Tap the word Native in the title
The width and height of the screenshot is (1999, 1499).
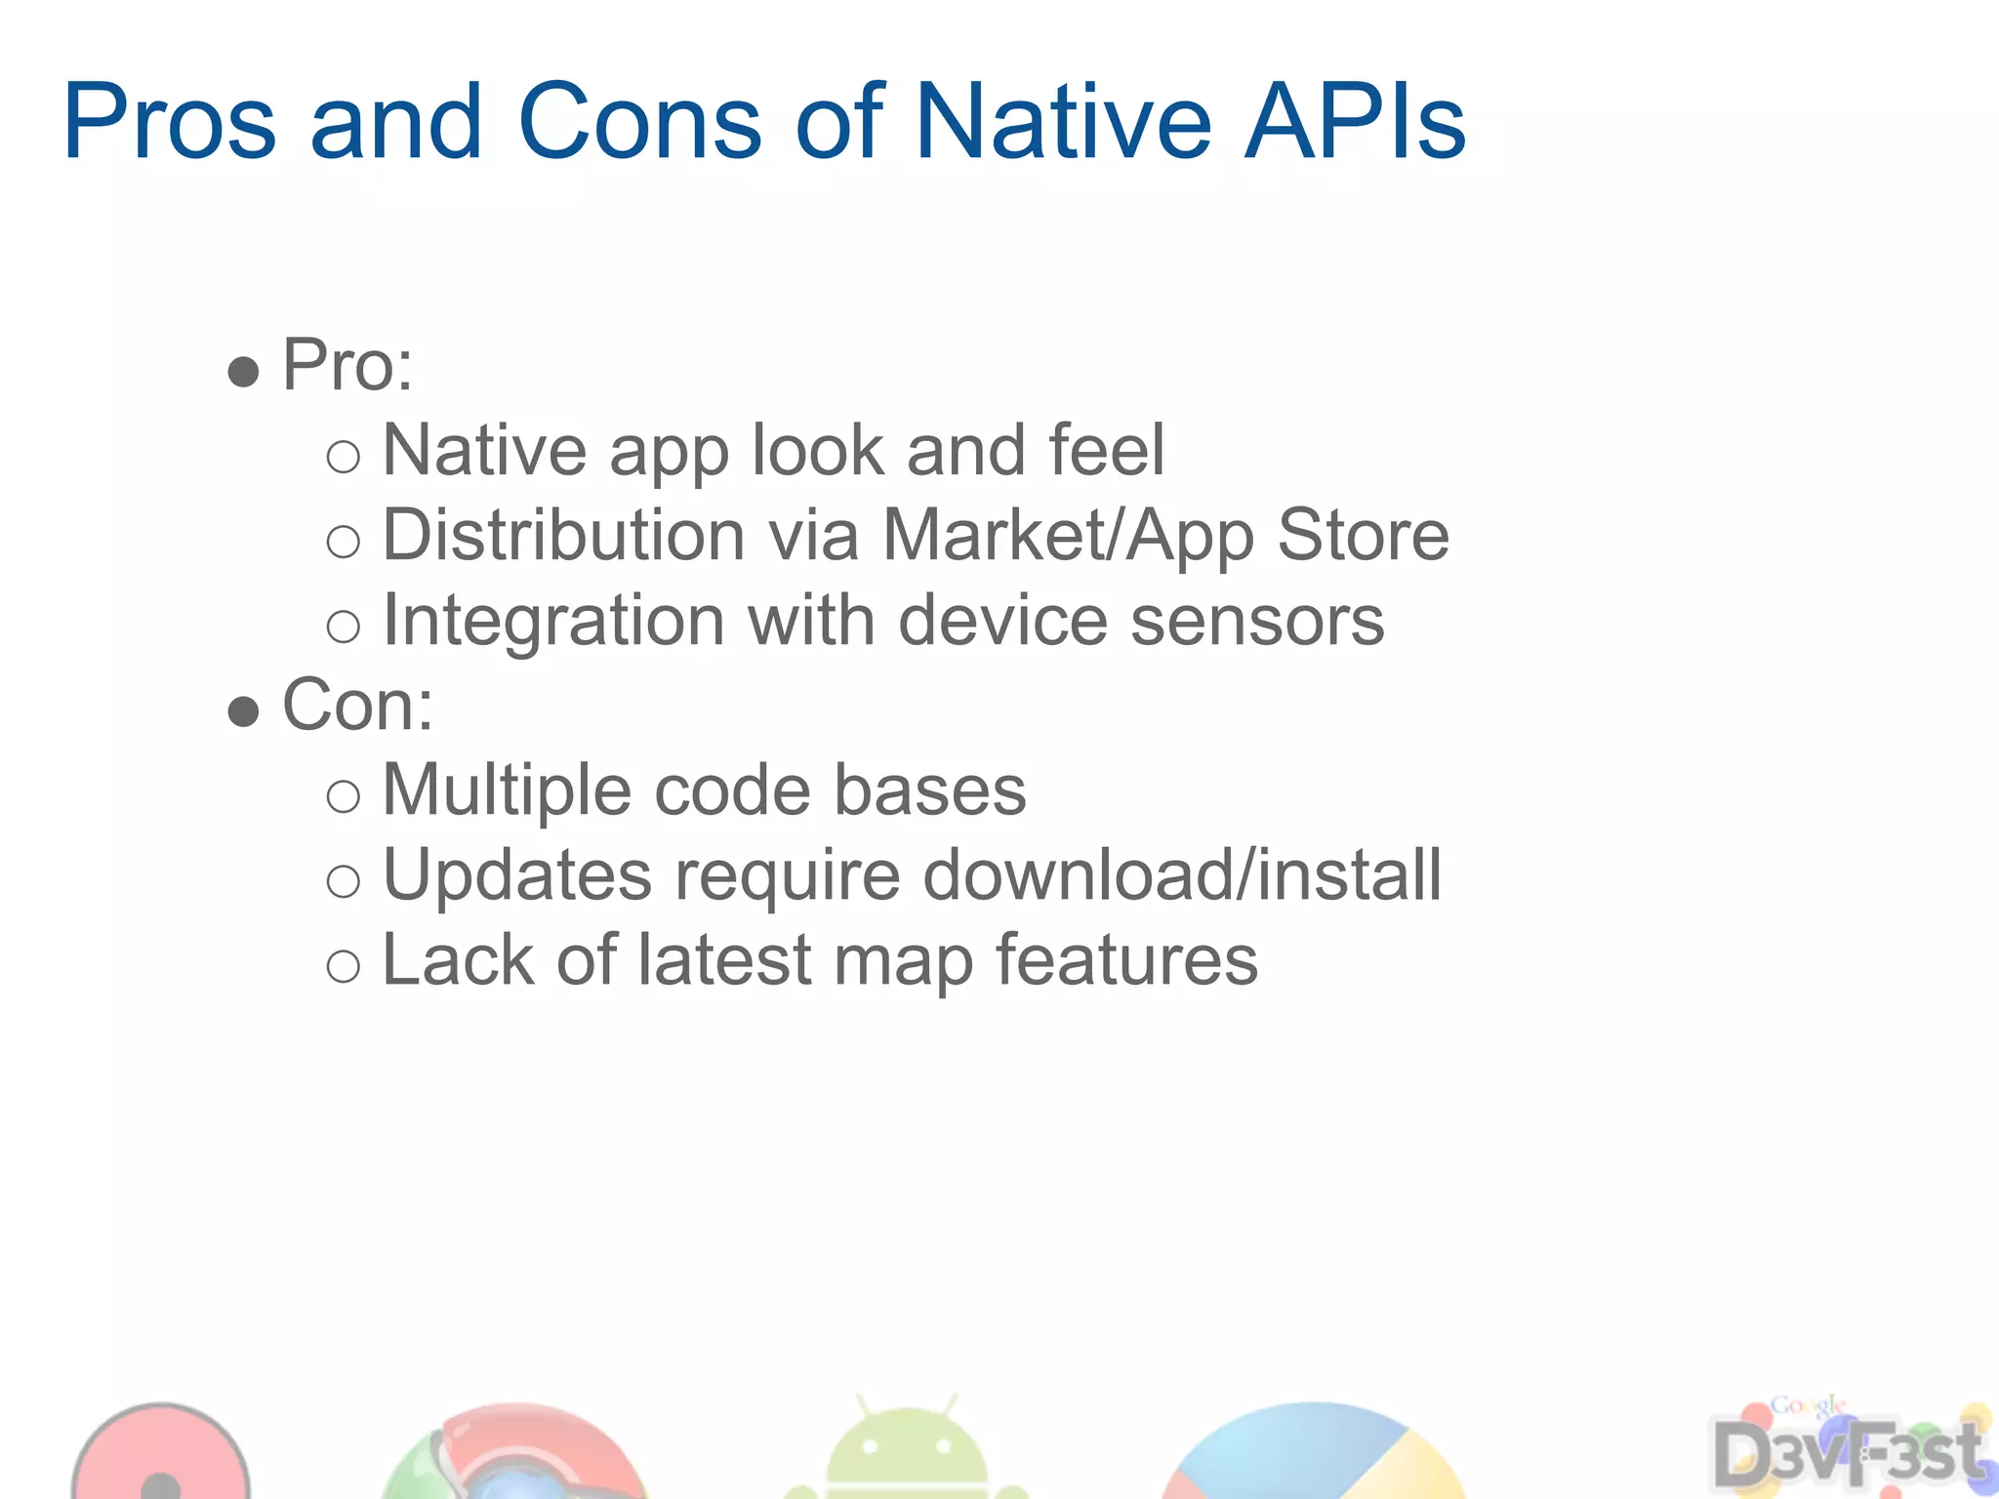coord(1064,121)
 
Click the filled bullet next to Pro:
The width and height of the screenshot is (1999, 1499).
coord(243,372)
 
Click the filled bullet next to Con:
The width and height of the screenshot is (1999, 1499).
coord(243,711)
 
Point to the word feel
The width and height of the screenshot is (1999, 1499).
coord(1106,451)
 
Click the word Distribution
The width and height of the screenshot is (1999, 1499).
coord(564,536)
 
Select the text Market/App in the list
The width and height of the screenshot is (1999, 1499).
coord(1068,536)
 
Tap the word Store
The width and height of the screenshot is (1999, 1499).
coord(1363,536)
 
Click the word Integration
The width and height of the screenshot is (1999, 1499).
coord(553,622)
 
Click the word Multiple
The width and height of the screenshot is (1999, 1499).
coord(507,790)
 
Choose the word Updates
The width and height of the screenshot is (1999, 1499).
coord(517,875)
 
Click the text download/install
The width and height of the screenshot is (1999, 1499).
coord(1181,875)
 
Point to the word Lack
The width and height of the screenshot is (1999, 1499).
coord(458,960)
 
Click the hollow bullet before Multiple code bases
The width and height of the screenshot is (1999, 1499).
coord(344,796)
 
